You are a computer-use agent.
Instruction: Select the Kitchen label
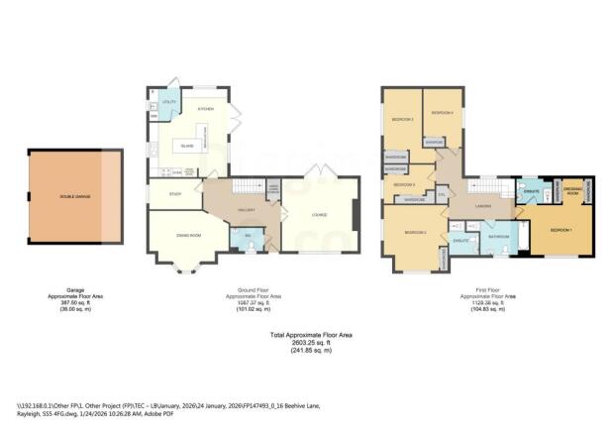(206, 109)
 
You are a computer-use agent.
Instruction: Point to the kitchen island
(187, 146)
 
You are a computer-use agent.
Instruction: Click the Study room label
(174, 194)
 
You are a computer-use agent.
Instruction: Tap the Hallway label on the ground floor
(248, 211)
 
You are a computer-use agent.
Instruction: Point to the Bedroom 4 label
(443, 113)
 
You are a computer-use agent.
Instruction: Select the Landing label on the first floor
(485, 206)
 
